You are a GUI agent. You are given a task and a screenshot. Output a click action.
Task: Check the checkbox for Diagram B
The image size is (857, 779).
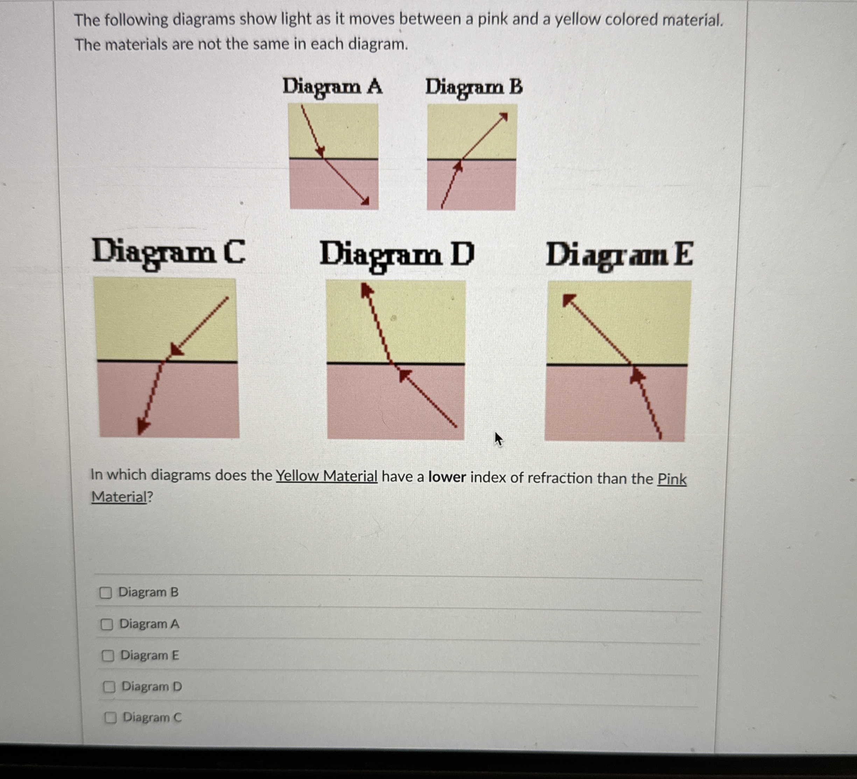[x=106, y=592]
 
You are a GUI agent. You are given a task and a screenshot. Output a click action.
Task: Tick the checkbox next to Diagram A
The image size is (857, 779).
[x=107, y=624]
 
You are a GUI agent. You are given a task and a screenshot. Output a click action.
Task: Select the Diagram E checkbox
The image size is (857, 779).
[x=108, y=656]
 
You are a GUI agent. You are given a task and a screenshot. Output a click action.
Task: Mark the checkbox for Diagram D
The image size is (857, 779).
[x=109, y=687]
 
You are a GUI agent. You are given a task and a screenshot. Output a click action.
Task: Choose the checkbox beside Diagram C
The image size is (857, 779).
[x=111, y=718]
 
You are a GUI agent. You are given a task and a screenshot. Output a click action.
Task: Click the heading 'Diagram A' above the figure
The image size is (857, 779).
[x=332, y=87]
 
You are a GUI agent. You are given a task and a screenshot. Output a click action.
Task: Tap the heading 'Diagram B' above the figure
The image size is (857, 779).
[x=473, y=88]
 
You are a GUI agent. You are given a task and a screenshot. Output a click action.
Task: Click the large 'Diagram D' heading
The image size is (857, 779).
[x=396, y=255]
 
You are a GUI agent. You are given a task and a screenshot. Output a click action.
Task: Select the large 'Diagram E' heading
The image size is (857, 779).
[x=619, y=256]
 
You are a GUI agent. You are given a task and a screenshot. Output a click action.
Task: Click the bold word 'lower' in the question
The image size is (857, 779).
[x=447, y=477]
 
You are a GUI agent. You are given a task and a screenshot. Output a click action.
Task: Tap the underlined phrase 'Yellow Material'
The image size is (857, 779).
[x=326, y=476]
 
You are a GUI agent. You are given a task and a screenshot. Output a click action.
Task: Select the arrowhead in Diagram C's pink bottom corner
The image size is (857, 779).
[x=143, y=425]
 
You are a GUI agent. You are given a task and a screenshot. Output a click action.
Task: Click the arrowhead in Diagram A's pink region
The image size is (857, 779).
[x=364, y=201]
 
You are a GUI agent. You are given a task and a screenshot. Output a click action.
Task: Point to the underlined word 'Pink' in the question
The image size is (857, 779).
[x=672, y=479]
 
